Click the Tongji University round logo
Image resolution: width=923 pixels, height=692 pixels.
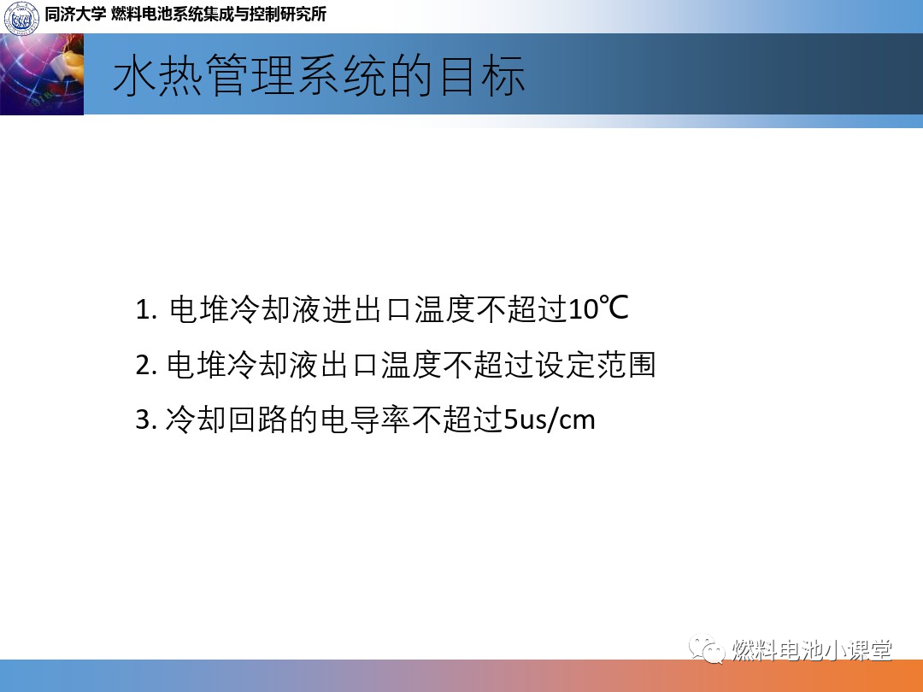click(21, 16)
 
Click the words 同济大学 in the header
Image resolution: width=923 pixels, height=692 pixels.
click(74, 15)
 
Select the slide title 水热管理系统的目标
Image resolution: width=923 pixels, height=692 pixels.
click(319, 76)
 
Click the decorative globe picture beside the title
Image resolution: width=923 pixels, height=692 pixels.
click(42, 74)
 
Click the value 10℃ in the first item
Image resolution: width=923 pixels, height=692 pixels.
click(598, 308)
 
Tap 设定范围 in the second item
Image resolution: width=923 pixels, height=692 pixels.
click(595, 365)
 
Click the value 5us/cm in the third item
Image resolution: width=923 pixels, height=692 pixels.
click(550, 420)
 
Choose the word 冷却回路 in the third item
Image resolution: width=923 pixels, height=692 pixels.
click(226, 420)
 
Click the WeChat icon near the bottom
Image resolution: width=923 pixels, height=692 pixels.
click(707, 648)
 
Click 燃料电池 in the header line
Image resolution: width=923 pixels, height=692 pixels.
click(140, 15)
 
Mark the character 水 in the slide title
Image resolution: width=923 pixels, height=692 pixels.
click(134, 76)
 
